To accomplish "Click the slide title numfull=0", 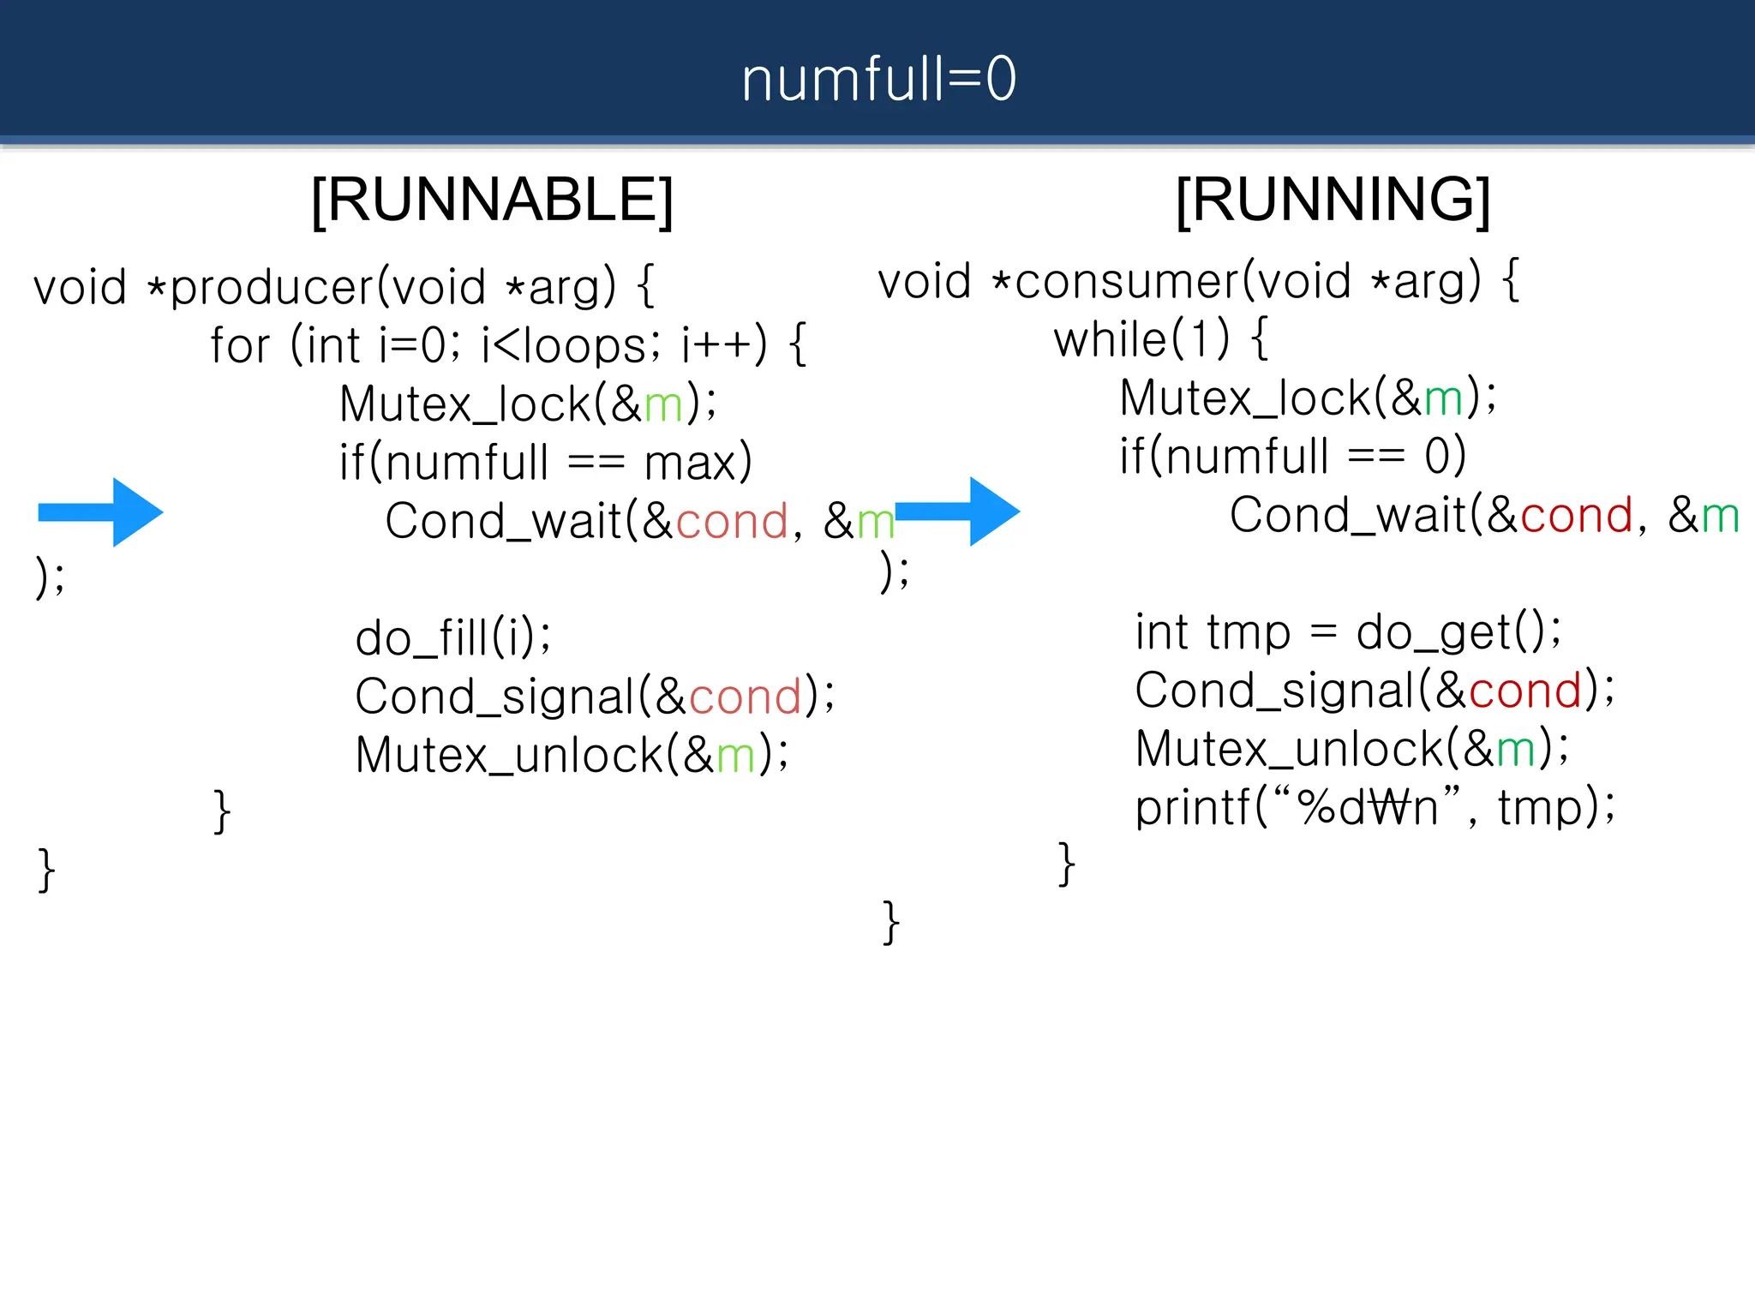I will point(878,79).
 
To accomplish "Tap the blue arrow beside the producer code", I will point(101,512).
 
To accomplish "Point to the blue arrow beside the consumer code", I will point(958,511).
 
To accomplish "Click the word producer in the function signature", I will point(272,287).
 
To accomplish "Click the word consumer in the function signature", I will point(1126,282).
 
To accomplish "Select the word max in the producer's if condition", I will point(690,464).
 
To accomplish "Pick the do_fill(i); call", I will point(453,637).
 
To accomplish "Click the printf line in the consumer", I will point(1375,807).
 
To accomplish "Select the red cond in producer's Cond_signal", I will point(745,697).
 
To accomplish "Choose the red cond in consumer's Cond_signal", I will point(1524,691).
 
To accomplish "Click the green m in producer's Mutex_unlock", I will point(735,756).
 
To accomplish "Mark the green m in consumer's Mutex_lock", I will point(1443,399).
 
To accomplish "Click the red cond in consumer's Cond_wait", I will point(1577,516).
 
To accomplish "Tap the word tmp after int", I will point(1248,633).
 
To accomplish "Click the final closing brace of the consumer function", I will point(891,923).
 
